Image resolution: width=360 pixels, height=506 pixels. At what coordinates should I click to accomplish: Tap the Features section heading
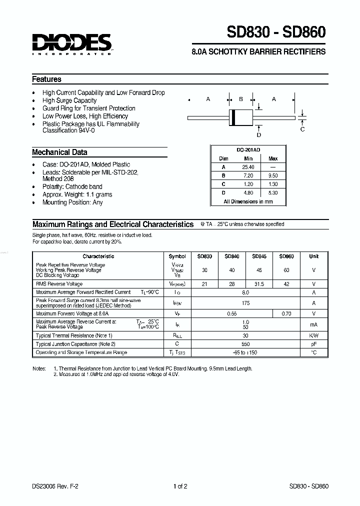coord(46,79)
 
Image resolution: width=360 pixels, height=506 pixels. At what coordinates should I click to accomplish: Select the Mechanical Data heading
coord(59,152)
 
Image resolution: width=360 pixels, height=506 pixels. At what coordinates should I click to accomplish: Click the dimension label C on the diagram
coord(302,129)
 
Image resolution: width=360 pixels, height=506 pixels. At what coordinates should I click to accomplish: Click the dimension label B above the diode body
coord(240,99)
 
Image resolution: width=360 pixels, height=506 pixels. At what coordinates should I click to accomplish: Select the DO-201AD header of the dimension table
coord(248,150)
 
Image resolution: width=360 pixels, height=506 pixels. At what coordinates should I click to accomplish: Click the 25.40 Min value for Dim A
coord(248,167)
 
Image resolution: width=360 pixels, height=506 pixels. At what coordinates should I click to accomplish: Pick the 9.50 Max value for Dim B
coord(273,175)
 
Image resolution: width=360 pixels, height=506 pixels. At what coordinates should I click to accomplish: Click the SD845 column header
coord(259,256)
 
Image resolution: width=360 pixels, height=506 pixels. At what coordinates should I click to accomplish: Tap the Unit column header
coord(313,256)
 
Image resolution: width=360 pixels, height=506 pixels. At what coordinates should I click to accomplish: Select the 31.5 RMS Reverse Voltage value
coord(259,283)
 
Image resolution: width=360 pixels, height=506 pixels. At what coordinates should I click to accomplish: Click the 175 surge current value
coord(245,302)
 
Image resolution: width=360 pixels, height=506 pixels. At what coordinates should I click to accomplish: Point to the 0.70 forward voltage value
coord(286,313)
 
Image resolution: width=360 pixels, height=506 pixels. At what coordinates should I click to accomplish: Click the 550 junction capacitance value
coord(245,344)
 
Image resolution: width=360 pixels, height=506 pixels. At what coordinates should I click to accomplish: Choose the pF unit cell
coord(313,344)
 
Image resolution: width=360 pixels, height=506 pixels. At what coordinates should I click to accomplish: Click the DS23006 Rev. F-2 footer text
coord(51,486)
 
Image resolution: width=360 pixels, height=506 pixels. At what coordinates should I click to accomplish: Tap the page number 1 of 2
coord(180,486)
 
